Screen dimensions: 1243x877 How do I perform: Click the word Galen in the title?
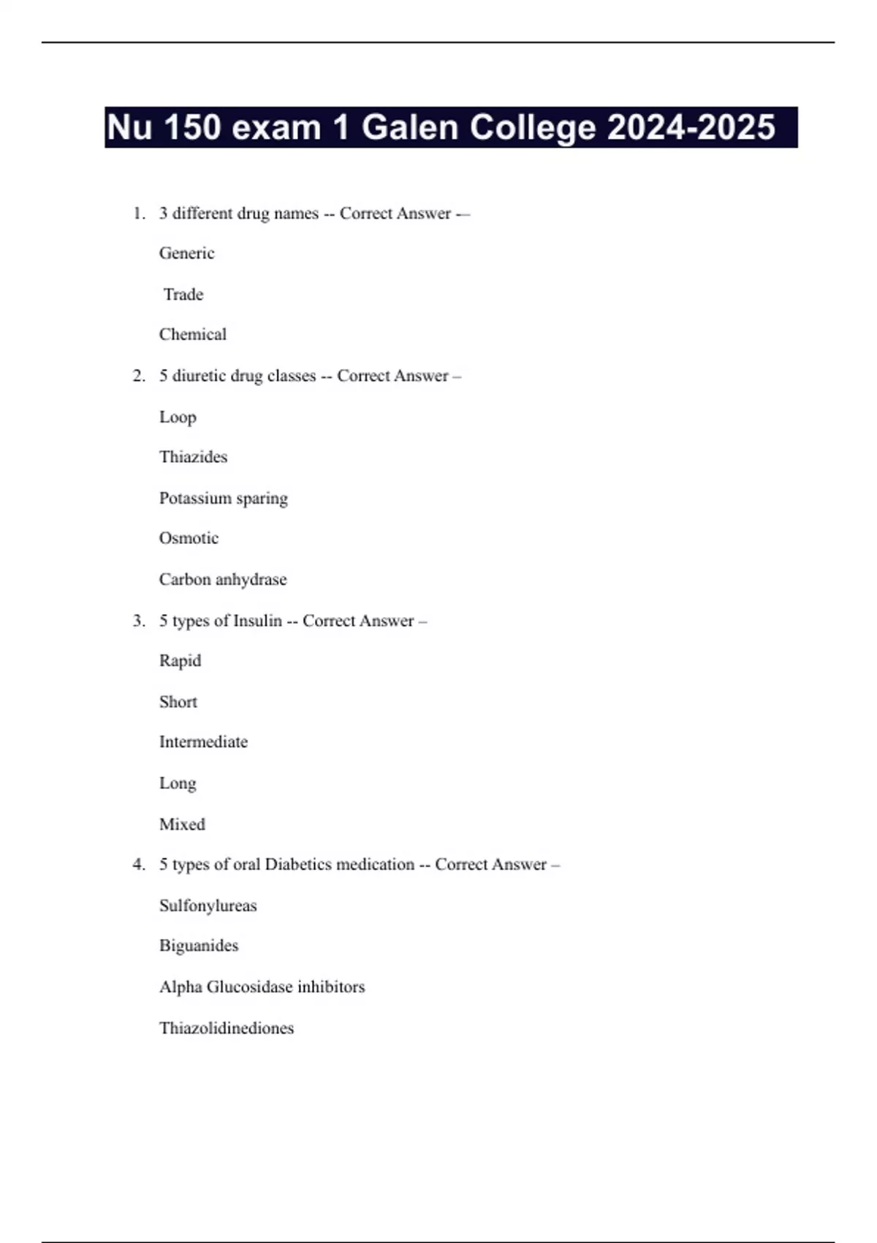click(410, 127)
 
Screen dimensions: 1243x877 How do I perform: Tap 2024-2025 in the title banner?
click(691, 127)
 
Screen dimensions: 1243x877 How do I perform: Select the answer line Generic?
click(187, 253)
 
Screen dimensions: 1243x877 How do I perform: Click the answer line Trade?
click(183, 294)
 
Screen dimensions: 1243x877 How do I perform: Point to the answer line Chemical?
click(193, 334)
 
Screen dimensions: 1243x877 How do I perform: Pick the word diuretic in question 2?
click(199, 376)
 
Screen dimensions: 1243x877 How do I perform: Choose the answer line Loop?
click(178, 417)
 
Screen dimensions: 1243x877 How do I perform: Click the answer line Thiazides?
click(193, 457)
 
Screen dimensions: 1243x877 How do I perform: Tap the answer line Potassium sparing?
click(223, 498)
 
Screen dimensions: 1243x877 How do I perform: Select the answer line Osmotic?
click(189, 538)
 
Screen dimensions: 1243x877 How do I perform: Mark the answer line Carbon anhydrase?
click(223, 579)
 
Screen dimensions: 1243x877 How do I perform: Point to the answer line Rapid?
click(180, 660)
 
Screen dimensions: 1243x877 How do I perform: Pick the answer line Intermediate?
click(203, 741)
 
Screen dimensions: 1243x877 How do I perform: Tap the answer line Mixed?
click(182, 824)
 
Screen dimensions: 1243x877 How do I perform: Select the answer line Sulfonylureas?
click(208, 905)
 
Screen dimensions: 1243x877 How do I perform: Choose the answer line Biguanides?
click(199, 945)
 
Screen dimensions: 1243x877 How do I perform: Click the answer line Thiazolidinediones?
click(227, 1028)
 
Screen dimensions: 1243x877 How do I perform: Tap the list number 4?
click(138, 864)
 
